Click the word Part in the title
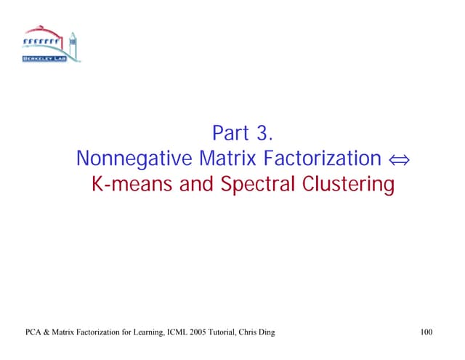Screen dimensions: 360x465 point(230,134)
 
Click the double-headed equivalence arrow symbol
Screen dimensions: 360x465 point(398,159)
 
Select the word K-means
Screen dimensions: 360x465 point(132,185)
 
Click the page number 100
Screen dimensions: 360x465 point(426,333)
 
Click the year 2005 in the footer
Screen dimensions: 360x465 point(202,333)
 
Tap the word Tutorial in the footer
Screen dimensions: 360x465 point(228,333)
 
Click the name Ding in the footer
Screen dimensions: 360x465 point(266,333)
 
